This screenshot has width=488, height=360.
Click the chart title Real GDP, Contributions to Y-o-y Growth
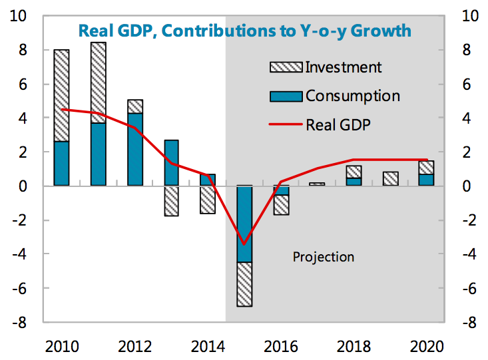(x=244, y=31)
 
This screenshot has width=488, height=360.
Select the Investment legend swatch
(x=286, y=67)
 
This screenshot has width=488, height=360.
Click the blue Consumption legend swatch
(x=286, y=96)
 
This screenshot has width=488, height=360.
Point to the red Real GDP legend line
(x=286, y=124)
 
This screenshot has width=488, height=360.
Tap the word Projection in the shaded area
(x=324, y=257)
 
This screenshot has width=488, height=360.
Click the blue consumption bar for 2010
(x=61, y=164)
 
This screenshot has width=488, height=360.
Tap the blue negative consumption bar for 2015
(x=245, y=224)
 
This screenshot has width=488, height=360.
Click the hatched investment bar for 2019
(x=391, y=178)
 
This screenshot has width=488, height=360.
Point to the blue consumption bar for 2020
(x=426, y=180)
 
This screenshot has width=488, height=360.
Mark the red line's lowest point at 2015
(x=245, y=244)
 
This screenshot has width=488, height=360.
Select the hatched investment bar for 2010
(x=61, y=95)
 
